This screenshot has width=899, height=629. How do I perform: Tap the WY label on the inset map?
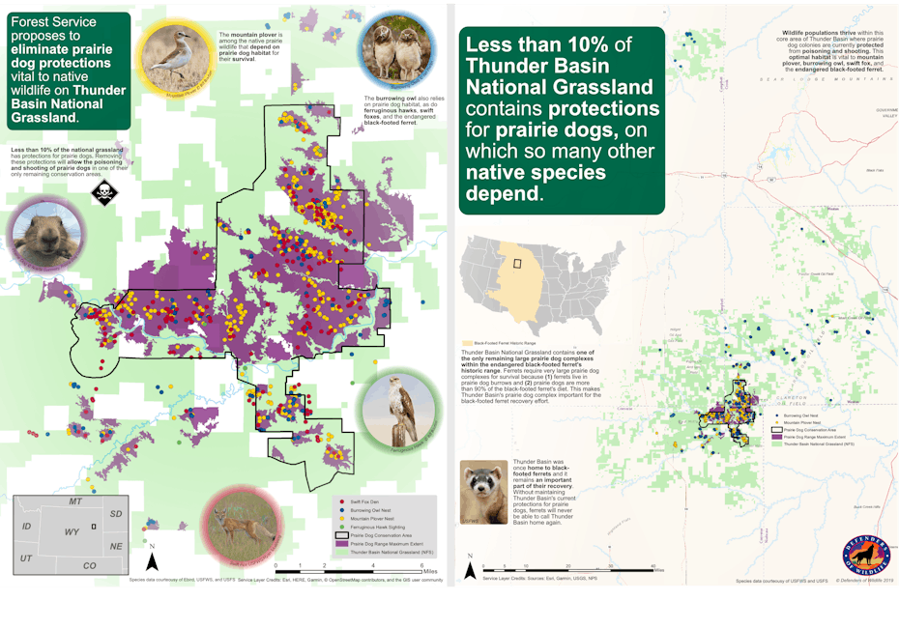pyautogui.click(x=72, y=530)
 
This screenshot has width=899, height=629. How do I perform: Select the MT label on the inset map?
pyautogui.click(x=74, y=502)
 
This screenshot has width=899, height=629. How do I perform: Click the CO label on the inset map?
pyautogui.click(x=89, y=564)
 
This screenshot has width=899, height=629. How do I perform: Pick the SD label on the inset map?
pyautogui.click(x=116, y=513)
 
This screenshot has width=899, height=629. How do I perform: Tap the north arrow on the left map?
pyautogui.click(x=152, y=560)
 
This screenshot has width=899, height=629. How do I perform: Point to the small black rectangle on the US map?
pyautogui.click(x=518, y=263)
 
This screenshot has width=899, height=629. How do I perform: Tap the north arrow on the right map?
pyautogui.click(x=470, y=567)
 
